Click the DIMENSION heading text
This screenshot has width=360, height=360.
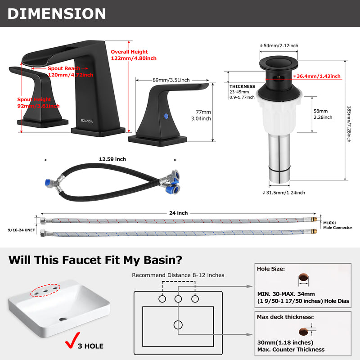[x=57, y=14]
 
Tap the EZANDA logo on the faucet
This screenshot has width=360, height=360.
[x=87, y=121]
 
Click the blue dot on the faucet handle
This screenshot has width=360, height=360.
[x=166, y=116]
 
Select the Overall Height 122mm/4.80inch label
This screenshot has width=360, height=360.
[x=134, y=55]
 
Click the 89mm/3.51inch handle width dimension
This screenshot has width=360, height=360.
[x=171, y=80]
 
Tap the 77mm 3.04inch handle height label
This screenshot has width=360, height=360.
[x=201, y=115]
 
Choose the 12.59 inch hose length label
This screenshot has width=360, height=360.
[x=112, y=159]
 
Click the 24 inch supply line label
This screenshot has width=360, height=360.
[x=178, y=213]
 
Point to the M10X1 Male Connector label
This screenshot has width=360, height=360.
[x=337, y=225]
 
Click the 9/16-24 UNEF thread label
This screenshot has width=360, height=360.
[x=21, y=230]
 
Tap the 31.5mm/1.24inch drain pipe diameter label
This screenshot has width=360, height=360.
[x=284, y=193]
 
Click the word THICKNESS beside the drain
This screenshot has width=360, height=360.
[x=242, y=86]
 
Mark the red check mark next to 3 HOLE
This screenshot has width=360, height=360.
[x=72, y=341]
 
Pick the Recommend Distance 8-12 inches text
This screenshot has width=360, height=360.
[x=178, y=275]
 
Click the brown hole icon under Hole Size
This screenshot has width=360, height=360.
[x=303, y=277]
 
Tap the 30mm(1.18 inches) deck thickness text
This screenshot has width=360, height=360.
[x=285, y=342]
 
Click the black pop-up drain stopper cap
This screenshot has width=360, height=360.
[x=279, y=63]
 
